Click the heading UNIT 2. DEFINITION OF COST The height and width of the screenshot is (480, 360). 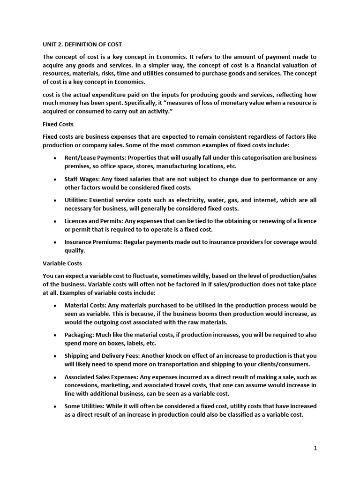pos(82,45)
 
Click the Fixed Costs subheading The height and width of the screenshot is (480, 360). pos(58,124)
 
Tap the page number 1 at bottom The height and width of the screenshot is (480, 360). pos(315,448)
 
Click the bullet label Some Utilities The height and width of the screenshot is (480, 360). pos(84,406)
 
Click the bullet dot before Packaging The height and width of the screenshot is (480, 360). pos(55,335)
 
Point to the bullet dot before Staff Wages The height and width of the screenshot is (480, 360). pos(55,179)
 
